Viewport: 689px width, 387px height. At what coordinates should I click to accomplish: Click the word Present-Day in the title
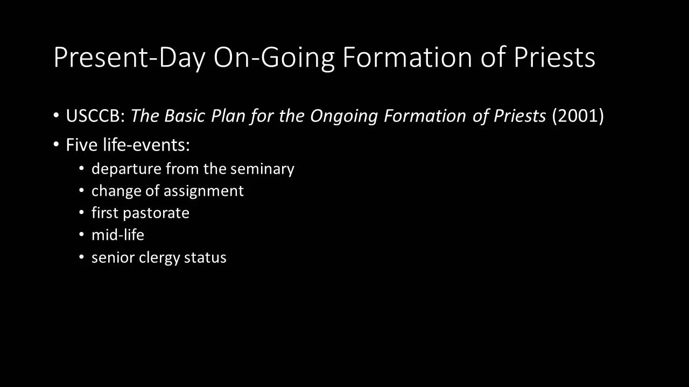coord(129,58)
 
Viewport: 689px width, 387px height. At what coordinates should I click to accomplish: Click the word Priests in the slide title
coord(554,58)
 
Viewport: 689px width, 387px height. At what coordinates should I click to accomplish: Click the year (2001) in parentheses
coord(578,116)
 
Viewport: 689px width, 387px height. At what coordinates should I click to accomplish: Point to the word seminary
coord(262,169)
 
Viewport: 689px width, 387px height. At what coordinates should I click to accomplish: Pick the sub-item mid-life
coord(118,235)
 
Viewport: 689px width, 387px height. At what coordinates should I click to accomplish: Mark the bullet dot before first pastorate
coord(81,213)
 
